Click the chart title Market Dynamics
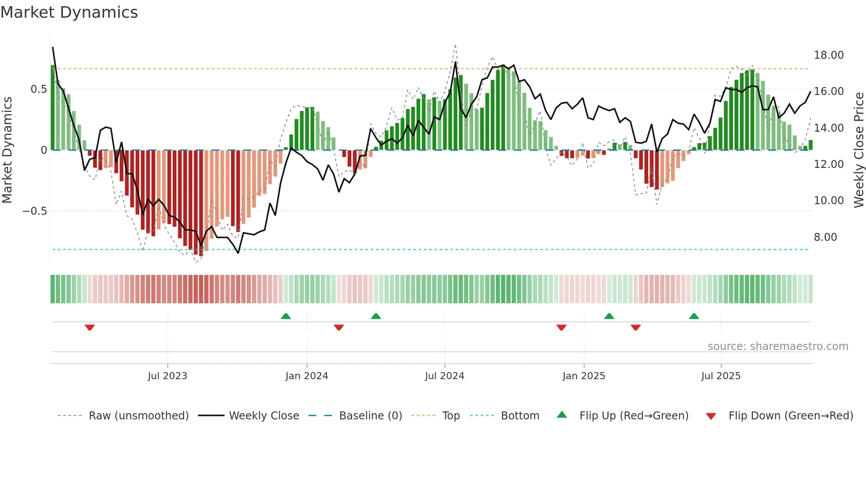(x=69, y=12)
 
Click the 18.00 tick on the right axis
(x=828, y=55)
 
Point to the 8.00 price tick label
(x=825, y=237)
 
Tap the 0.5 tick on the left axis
(x=38, y=89)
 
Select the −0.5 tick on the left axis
(x=34, y=211)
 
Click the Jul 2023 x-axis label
(x=167, y=376)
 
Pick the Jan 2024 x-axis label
(x=307, y=376)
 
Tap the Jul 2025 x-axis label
(x=721, y=376)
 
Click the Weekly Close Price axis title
(x=858, y=150)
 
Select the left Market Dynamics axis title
(x=7, y=150)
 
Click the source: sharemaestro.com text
(x=778, y=346)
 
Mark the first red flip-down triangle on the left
(x=90, y=327)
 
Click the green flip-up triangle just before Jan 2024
(x=286, y=316)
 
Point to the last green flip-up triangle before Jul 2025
(x=694, y=316)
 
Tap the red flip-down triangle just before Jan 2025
(x=562, y=327)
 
